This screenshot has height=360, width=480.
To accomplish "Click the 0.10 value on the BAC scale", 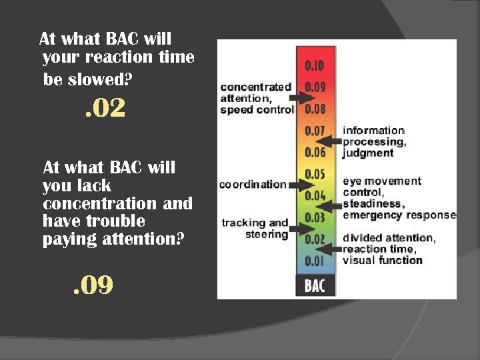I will click(x=315, y=65).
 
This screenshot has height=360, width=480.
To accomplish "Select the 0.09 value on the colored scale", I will click(x=315, y=87).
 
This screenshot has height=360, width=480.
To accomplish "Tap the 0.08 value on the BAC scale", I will click(x=315, y=109).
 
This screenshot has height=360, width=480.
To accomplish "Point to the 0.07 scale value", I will click(x=315, y=131).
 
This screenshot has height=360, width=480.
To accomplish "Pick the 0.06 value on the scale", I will click(x=315, y=152).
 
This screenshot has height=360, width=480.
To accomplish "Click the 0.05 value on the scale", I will click(x=315, y=174).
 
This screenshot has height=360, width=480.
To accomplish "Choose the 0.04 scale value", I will click(x=315, y=196).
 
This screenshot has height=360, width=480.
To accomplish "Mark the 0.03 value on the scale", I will click(x=315, y=217).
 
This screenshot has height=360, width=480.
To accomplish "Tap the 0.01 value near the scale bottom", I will click(x=315, y=261).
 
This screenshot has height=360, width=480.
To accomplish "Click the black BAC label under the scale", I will click(x=315, y=286).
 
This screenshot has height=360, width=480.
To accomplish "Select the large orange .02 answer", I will click(x=105, y=109).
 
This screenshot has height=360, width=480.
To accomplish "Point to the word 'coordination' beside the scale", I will click(x=253, y=185).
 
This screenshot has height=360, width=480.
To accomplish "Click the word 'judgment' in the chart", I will click(x=368, y=153).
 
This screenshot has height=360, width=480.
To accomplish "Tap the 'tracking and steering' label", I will click(x=255, y=229).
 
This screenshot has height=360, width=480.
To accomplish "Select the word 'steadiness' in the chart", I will click(x=372, y=204).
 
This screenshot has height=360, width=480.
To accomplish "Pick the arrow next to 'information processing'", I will click(x=328, y=141).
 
